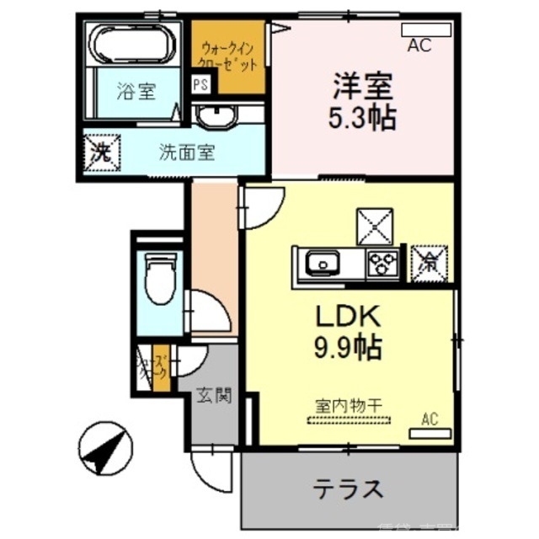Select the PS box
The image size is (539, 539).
200,84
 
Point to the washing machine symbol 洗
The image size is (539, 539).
102,153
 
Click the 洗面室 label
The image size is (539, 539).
187,153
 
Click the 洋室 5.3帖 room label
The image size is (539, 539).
362,101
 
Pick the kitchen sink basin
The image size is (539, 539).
322,263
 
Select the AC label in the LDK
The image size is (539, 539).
429,419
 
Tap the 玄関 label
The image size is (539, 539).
214,394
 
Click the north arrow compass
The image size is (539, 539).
105,449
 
